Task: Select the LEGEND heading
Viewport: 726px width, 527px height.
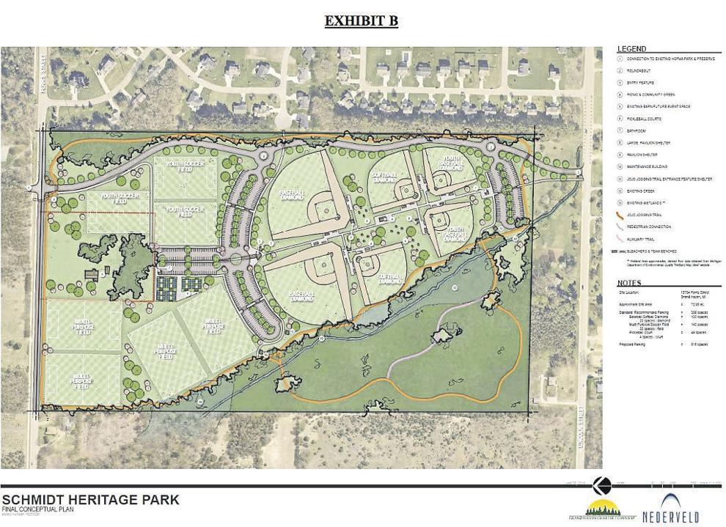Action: [x=632, y=48]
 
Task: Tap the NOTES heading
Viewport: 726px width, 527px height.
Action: [x=629, y=282]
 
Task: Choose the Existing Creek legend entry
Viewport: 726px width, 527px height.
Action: [x=641, y=190]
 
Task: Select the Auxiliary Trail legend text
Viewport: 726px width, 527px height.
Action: [x=642, y=237]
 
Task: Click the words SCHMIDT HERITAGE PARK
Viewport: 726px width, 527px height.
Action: [x=89, y=500]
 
